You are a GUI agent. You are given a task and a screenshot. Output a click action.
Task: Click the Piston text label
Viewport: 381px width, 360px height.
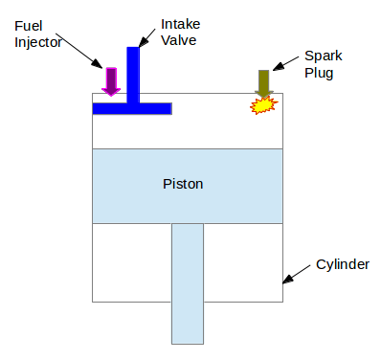click(x=184, y=182)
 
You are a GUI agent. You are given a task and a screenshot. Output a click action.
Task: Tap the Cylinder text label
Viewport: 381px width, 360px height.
click(x=343, y=263)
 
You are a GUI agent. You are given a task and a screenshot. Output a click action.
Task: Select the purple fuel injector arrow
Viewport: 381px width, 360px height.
click(x=111, y=81)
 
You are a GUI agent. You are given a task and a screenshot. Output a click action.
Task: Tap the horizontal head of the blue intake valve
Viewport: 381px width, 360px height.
click(x=132, y=108)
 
